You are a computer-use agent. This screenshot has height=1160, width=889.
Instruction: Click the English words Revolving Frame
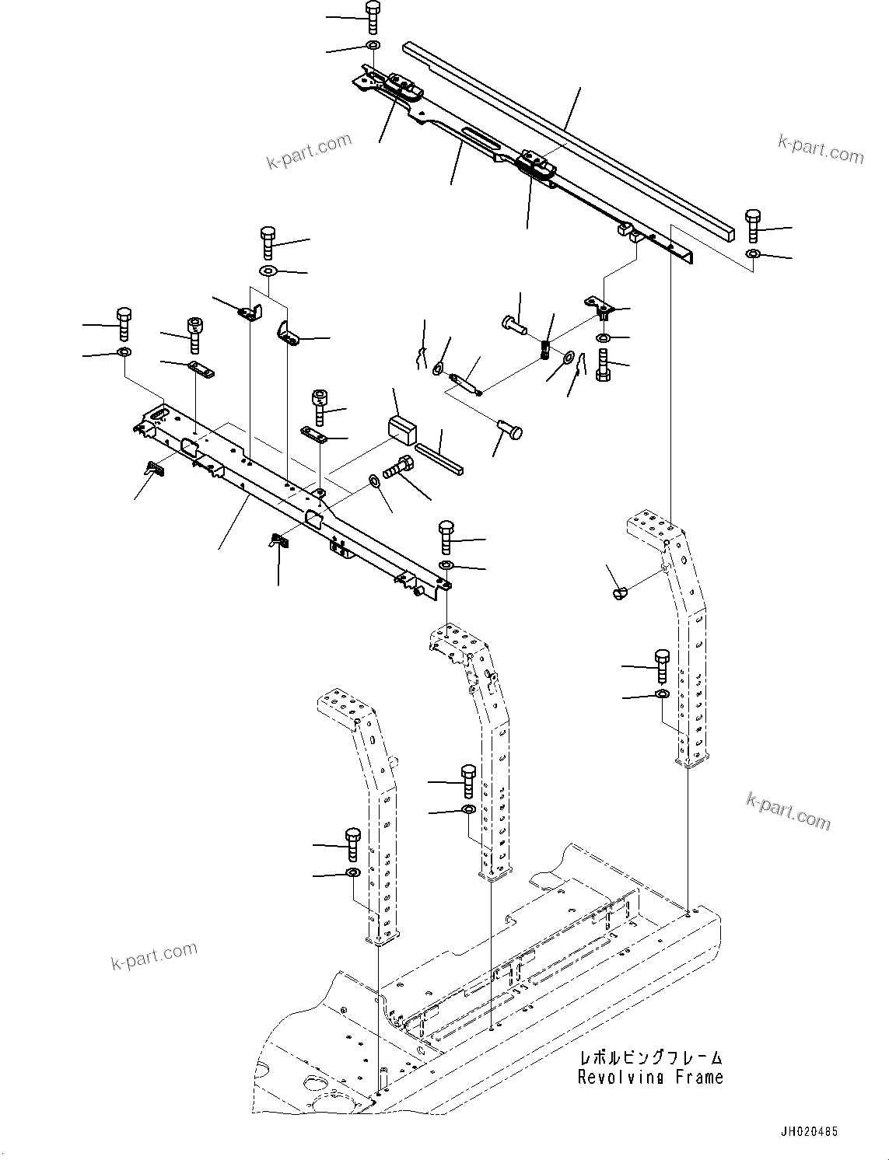pos(650,1078)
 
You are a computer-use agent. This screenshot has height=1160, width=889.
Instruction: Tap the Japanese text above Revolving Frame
pos(650,1058)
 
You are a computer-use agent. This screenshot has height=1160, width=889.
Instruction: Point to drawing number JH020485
pos(806,1133)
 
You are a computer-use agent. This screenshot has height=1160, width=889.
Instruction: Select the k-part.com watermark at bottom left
pos(154,956)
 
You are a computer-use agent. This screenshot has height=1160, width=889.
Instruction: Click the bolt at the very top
pos(372,16)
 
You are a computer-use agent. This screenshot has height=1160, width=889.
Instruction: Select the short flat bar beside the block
pos(439,459)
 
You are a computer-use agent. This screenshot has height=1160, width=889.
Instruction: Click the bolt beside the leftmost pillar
pos(352,843)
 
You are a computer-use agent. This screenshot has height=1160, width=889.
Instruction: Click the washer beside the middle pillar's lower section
pos(468,810)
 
